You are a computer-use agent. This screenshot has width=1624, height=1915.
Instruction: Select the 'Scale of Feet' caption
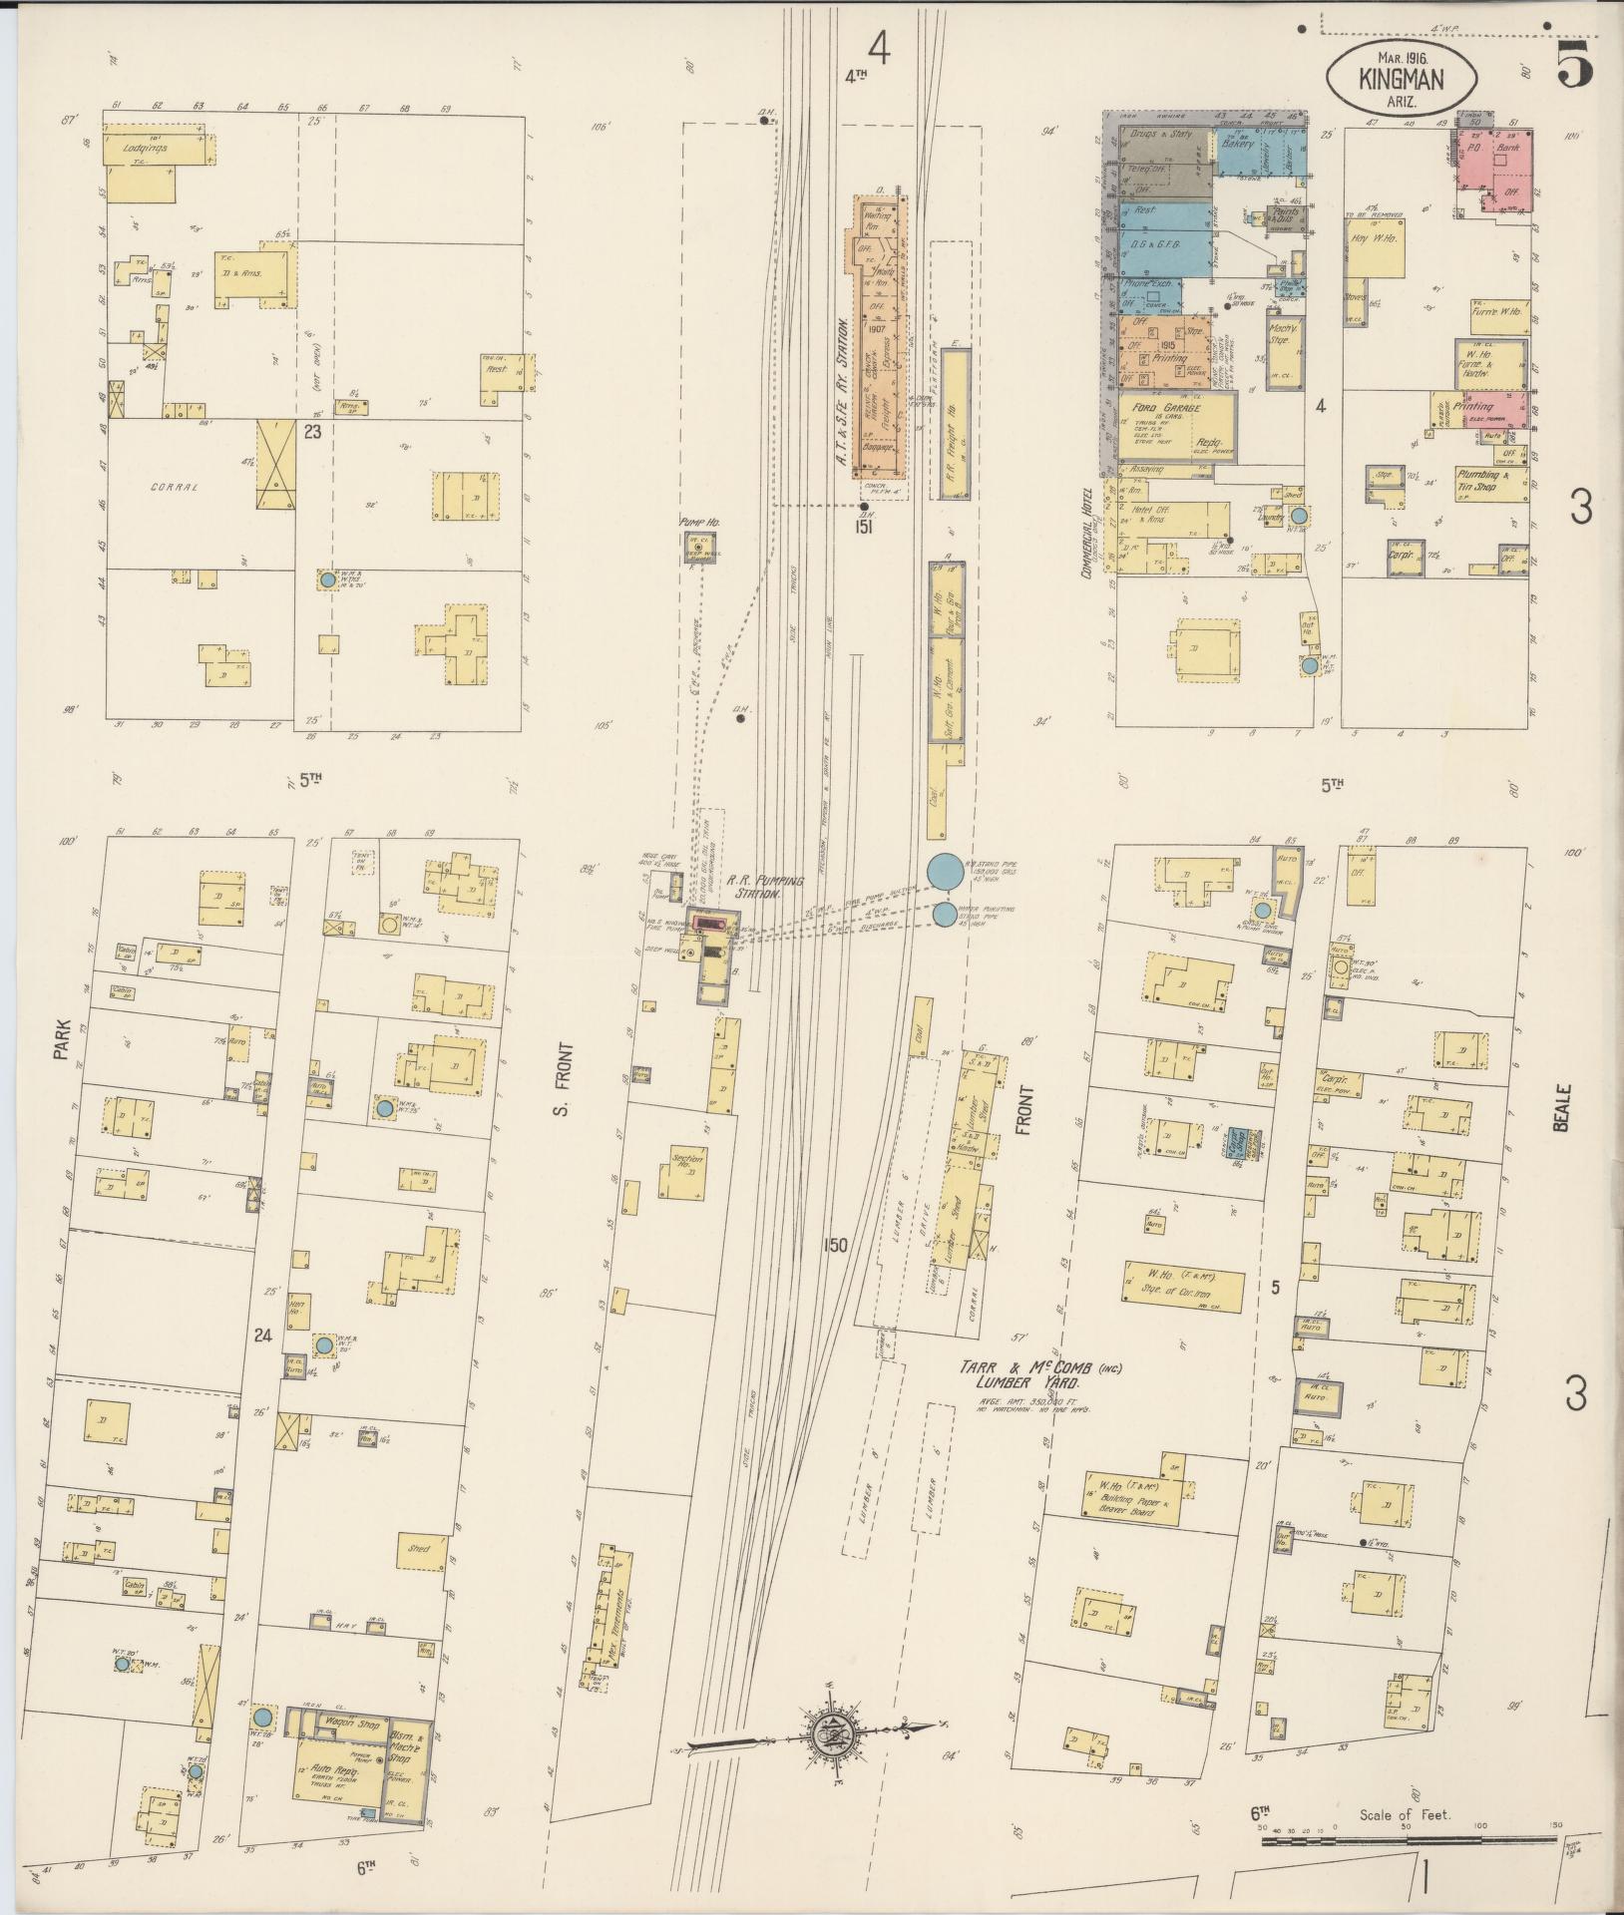(1404, 1814)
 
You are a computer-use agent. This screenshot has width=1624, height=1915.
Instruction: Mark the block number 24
(261, 1336)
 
